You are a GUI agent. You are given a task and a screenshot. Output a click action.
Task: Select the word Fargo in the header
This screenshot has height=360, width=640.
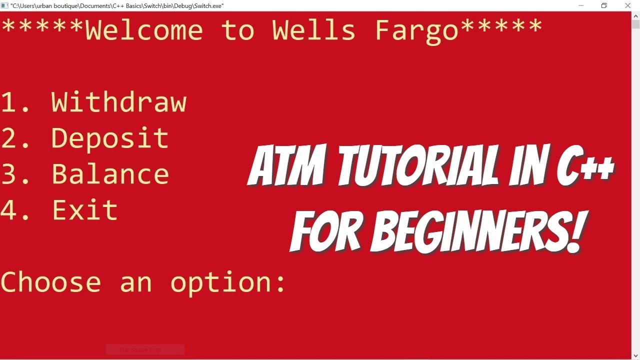click(x=416, y=31)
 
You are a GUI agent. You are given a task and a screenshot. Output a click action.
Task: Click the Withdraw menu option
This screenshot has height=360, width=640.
click(x=119, y=102)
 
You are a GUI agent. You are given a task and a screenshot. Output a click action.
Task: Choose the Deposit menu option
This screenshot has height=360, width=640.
click(x=110, y=138)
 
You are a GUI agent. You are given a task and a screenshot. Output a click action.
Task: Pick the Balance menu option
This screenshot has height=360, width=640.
click(x=110, y=174)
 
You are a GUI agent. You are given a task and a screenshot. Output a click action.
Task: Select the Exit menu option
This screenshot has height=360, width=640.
click(x=85, y=210)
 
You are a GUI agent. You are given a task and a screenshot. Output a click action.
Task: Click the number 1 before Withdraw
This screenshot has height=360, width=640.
click(x=9, y=102)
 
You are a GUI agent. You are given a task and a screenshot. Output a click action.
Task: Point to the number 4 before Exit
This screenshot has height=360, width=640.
click(x=9, y=210)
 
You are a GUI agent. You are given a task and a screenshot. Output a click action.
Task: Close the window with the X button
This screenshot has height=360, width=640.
click(x=628, y=5)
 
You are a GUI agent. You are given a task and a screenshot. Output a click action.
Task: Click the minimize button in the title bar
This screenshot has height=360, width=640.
click(x=580, y=5)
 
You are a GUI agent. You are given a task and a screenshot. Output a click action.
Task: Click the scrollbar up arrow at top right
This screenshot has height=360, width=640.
click(x=635, y=16)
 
